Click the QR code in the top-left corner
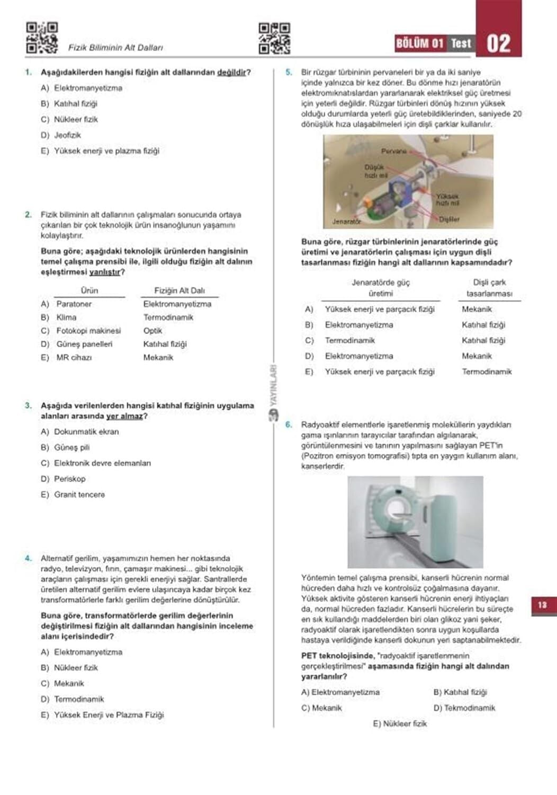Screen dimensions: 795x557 [42, 37]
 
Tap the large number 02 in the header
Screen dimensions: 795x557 [498, 43]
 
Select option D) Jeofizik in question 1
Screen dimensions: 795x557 [61, 135]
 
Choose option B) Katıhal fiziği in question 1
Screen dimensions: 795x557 [69, 104]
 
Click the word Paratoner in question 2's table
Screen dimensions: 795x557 [74, 304]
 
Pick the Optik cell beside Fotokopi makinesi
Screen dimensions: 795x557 [152, 331]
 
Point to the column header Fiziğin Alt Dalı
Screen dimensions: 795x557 [179, 290]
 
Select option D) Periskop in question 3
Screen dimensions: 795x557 [63, 479]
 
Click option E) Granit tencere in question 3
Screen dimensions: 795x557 [73, 494]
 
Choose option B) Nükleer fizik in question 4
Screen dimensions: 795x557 [69, 668]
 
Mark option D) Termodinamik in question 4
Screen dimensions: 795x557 [73, 699]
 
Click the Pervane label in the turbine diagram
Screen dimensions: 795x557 [393, 151]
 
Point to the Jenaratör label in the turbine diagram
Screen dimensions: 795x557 [346, 221]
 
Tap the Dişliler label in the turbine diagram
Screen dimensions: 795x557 [449, 219]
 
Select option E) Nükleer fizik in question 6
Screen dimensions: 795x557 [400, 723]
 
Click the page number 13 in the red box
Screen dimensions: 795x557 [542, 605]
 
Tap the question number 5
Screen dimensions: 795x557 [289, 72]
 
